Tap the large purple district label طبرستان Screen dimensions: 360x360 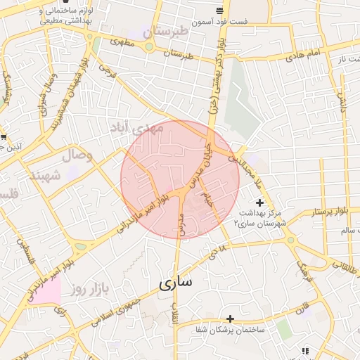pyautogui.click(x=166, y=32)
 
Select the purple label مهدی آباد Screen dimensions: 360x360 pyautogui.click(x=136, y=127)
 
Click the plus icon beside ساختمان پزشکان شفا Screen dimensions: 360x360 pyautogui.click(x=230, y=319)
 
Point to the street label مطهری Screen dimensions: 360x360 pyautogui.click(x=121, y=41)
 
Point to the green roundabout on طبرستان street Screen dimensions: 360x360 pyautogui.click(x=149, y=47)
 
